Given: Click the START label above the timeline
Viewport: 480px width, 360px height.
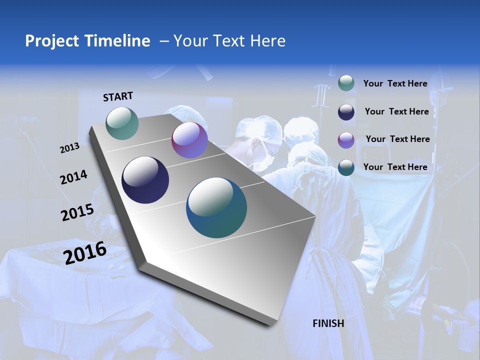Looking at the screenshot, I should pyautogui.click(x=118, y=96).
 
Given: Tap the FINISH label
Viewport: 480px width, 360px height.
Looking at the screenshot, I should pyautogui.click(x=328, y=323).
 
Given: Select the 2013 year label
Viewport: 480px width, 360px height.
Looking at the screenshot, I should pyautogui.click(x=70, y=147).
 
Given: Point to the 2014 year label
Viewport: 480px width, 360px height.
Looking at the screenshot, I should pyautogui.click(x=73, y=177).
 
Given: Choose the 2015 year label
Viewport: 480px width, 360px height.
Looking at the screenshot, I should pyautogui.click(x=77, y=212).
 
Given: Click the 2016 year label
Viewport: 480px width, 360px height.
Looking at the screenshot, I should pyautogui.click(x=85, y=252).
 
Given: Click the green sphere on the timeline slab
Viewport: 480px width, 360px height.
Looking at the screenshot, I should pyautogui.click(x=122, y=123).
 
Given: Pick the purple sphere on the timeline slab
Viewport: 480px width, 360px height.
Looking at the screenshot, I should pyautogui.click(x=189, y=140).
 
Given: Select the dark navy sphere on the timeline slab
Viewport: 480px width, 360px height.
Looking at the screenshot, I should pyautogui.click(x=145, y=180).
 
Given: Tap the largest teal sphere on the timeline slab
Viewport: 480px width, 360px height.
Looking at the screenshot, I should pyautogui.click(x=216, y=207).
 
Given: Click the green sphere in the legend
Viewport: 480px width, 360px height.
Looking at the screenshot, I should pyautogui.click(x=346, y=83).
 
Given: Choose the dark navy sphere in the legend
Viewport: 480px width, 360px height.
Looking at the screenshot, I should pyautogui.click(x=346, y=112).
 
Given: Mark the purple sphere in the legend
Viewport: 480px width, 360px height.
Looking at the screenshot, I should pyautogui.click(x=346, y=140).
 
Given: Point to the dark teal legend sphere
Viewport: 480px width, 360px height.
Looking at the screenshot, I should pyautogui.click(x=346, y=167).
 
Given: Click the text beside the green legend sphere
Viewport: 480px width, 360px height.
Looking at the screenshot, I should pyautogui.click(x=395, y=83).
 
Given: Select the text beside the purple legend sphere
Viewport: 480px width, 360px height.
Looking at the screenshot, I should pyautogui.click(x=397, y=139).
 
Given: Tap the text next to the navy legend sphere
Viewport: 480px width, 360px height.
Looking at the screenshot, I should pyautogui.click(x=396, y=111).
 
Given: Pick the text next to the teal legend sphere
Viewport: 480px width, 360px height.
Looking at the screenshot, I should pyautogui.click(x=395, y=167).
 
